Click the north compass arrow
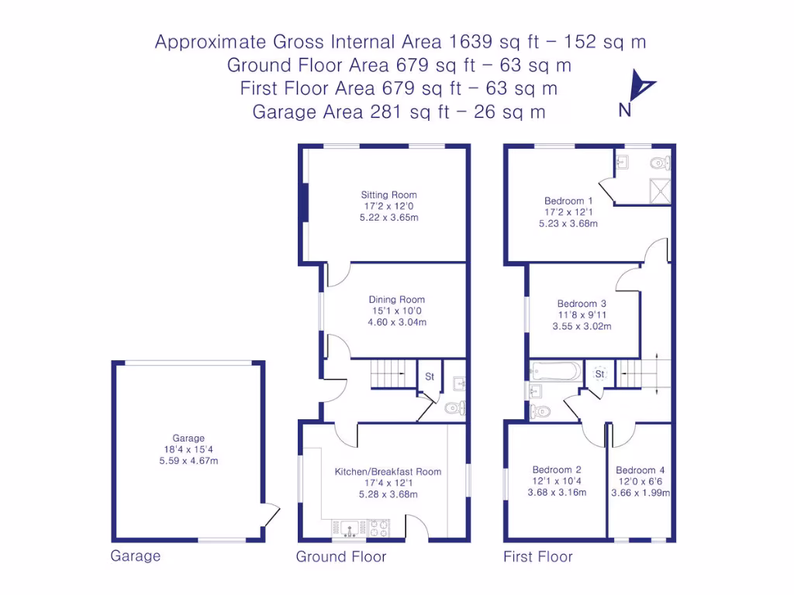(642, 87)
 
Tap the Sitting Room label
(388, 195)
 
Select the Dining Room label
(396, 300)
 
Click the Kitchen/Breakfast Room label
(388, 471)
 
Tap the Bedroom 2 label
(557, 469)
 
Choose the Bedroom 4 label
(640, 470)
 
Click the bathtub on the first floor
(554, 371)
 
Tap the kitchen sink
(349, 528)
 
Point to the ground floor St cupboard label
(430, 377)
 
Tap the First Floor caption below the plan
(537, 556)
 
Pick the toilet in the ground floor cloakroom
(455, 408)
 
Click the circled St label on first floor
(599, 374)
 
